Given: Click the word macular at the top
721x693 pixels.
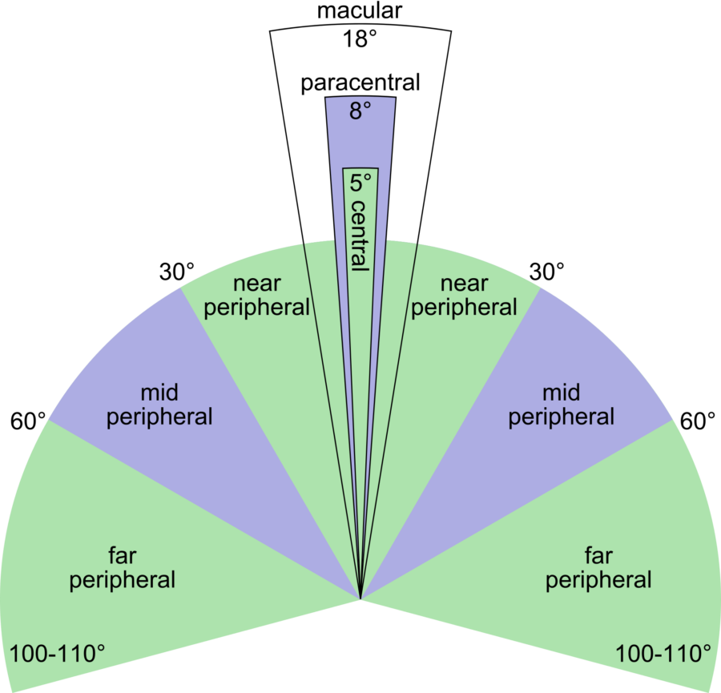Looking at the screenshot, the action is pyautogui.click(x=360, y=10).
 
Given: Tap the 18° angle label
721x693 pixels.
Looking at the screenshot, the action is pyautogui.click(x=360, y=38).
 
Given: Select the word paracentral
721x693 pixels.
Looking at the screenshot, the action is pyautogui.click(x=360, y=83).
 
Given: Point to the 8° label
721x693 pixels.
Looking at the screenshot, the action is pyautogui.click(x=360, y=111).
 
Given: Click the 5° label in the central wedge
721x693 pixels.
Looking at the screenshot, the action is pyautogui.click(x=360, y=183).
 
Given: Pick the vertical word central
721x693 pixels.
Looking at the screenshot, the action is pyautogui.click(x=360, y=236).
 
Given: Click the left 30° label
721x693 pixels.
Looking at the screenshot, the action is pyautogui.click(x=176, y=272).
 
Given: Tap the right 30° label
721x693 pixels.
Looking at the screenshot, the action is pyautogui.click(x=546, y=272).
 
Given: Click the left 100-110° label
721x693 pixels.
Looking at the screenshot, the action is pyautogui.click(x=57, y=654).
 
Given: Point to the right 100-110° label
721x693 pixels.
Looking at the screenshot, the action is pyautogui.click(x=663, y=654).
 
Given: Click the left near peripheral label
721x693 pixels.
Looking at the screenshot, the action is pyautogui.click(x=256, y=296).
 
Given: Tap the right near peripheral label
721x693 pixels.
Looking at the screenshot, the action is pyautogui.click(x=464, y=296).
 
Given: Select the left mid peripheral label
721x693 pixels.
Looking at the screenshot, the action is pyautogui.click(x=159, y=405).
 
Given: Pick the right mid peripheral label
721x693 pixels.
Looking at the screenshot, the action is pyautogui.click(x=561, y=405).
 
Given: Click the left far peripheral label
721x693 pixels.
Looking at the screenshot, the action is pyautogui.click(x=123, y=568).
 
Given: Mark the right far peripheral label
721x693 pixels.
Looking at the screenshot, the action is pyautogui.click(x=598, y=568).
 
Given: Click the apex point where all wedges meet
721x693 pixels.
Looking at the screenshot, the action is pyautogui.click(x=360, y=599).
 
